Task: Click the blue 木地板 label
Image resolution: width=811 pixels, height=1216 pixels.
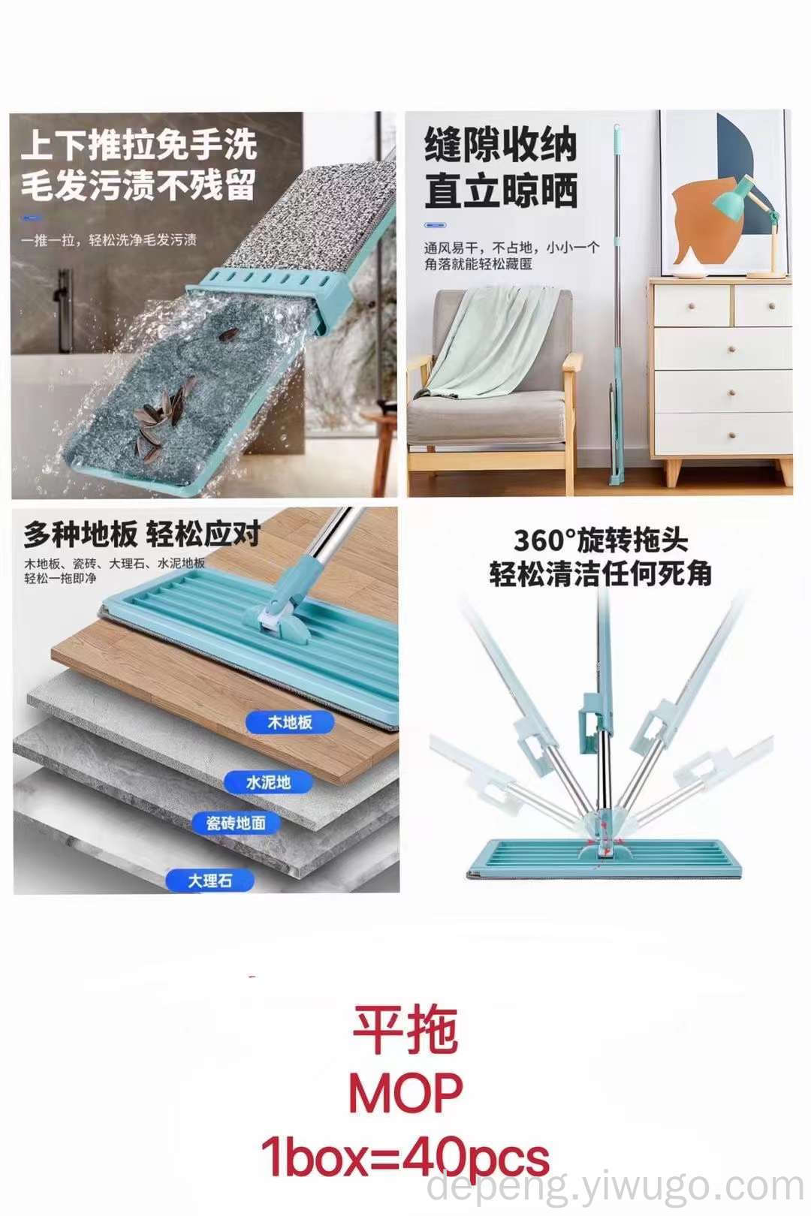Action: click(289, 723)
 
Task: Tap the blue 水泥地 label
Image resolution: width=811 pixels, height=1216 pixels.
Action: click(268, 782)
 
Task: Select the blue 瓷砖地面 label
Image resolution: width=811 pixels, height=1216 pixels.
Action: click(237, 823)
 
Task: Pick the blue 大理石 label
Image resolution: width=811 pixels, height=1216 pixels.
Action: click(210, 880)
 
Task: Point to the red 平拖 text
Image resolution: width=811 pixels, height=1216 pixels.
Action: click(405, 1030)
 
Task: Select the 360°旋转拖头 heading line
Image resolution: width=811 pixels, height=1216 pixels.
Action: click(601, 540)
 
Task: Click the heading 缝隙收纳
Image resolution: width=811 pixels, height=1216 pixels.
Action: click(500, 145)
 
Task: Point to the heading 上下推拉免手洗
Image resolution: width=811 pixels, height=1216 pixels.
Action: click(139, 145)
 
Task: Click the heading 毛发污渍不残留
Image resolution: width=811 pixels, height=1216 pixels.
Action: click(138, 185)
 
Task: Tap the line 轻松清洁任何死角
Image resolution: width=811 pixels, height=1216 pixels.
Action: click(601, 573)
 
